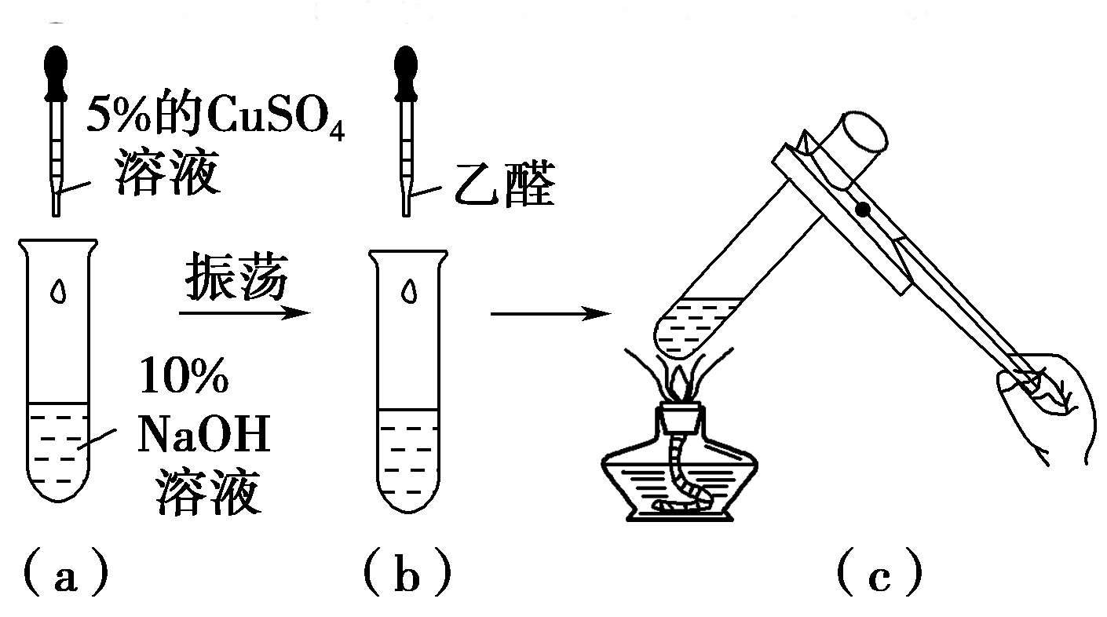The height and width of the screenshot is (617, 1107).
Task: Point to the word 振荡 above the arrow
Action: click(236, 279)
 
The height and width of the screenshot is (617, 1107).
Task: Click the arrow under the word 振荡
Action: click(243, 313)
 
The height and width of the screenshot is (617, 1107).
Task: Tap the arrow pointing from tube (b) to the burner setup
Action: click(550, 315)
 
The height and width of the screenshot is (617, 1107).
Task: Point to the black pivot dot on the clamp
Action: click(863, 209)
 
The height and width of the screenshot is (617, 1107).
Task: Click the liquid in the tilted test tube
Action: click(691, 326)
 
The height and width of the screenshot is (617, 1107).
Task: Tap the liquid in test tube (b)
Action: click(407, 455)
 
